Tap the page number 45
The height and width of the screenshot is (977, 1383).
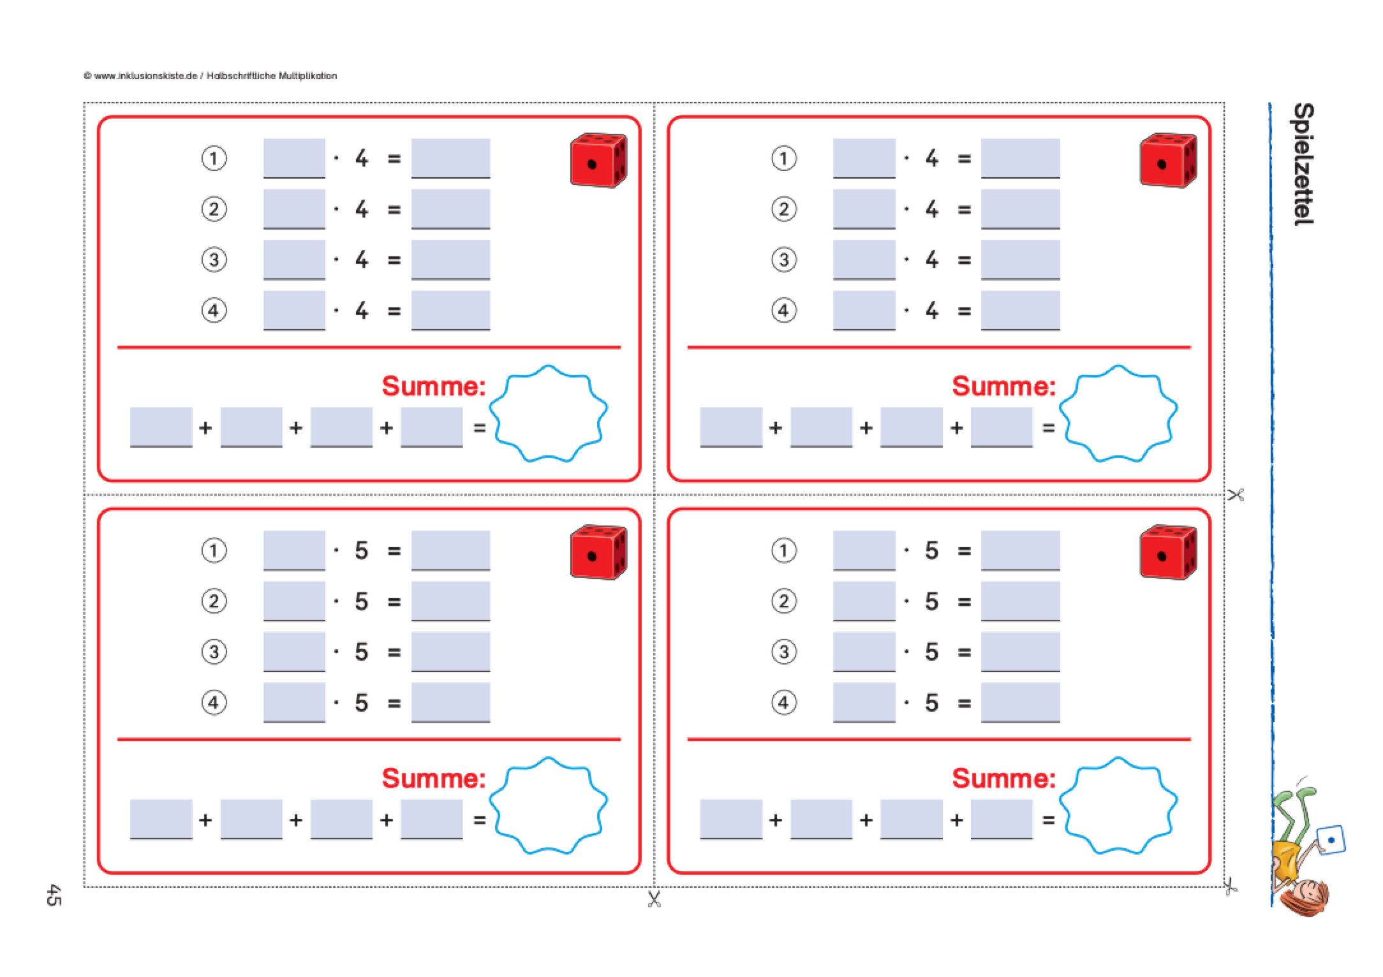tap(54, 895)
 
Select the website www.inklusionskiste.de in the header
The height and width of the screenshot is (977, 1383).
tap(145, 76)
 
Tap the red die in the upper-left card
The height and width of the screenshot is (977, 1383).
tap(598, 160)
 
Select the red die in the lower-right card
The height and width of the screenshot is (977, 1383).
tap(1168, 552)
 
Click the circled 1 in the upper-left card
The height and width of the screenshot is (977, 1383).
tap(214, 158)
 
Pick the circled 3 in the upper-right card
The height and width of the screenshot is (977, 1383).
tap(784, 260)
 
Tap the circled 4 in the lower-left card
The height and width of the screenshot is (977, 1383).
tap(214, 702)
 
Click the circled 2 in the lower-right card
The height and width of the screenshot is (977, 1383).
tap(784, 601)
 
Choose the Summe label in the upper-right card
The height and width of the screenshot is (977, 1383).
tap(1003, 386)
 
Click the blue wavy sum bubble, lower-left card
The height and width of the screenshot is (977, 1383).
tap(549, 805)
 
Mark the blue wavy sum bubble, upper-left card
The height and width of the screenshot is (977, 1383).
tap(549, 413)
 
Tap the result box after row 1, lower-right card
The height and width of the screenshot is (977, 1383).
tap(1020, 550)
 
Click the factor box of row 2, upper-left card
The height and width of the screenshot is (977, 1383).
tap(294, 209)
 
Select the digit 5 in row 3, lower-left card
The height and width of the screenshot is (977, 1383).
tap(362, 652)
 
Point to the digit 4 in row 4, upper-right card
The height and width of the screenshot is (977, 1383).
tap(932, 311)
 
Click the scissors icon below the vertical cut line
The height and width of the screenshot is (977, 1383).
tap(654, 899)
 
